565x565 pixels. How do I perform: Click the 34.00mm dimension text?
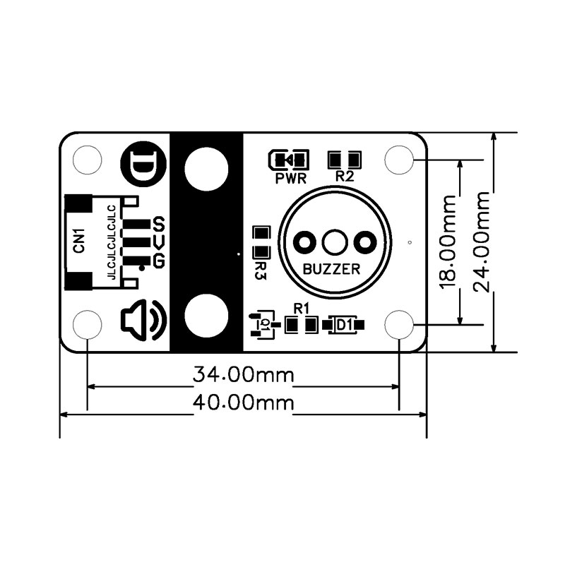[244, 375]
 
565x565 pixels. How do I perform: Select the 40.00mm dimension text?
[244, 403]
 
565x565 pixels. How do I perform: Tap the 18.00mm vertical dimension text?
[448, 242]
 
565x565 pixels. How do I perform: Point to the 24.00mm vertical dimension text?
[482, 242]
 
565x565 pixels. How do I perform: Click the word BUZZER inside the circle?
[331, 269]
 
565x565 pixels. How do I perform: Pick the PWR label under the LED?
[290, 179]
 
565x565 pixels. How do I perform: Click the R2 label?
[345, 176]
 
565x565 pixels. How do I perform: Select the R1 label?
[302, 309]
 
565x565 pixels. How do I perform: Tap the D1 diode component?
[344, 325]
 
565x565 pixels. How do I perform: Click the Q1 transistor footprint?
[265, 324]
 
